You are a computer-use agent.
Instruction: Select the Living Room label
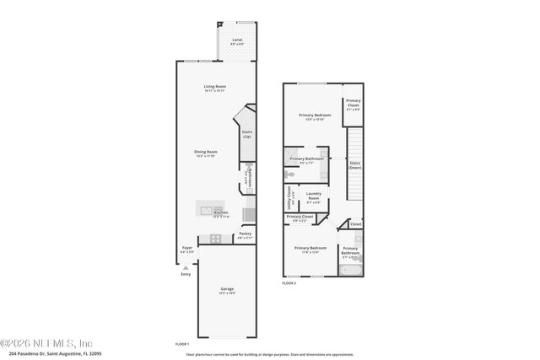[214, 88]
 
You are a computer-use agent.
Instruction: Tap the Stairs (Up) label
[247, 133]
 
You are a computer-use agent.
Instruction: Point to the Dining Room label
[206, 154]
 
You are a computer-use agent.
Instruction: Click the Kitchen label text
[220, 214]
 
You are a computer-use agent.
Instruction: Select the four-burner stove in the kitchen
[215, 239]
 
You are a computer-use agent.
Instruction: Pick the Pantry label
[245, 234]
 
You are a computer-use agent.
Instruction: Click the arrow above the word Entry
[186, 266]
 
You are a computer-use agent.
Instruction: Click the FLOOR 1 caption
[181, 345]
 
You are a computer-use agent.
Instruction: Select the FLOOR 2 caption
[289, 283]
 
